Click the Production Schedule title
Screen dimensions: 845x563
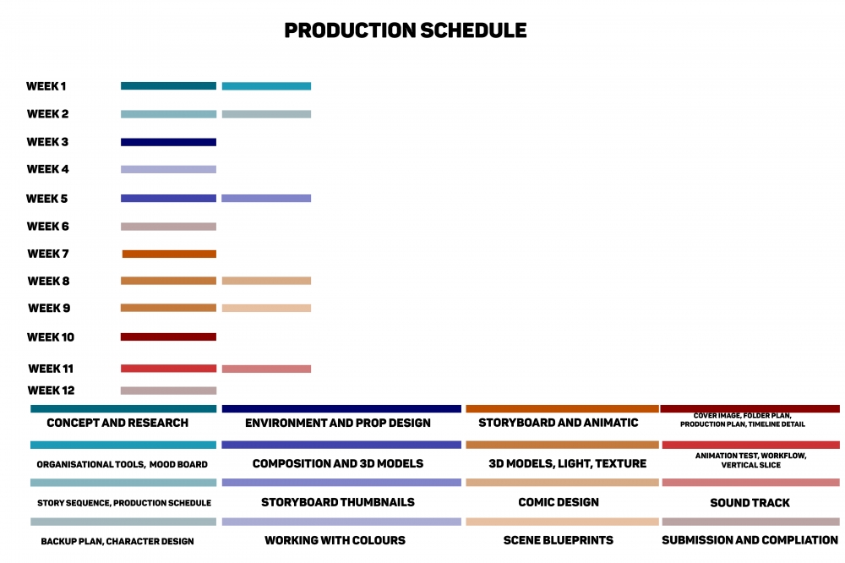pyautogui.click(x=406, y=30)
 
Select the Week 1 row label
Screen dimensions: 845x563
pyautogui.click(x=46, y=86)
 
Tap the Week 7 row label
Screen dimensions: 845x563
pyautogui.click(x=48, y=254)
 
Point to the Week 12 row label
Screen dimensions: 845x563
pyautogui.click(x=52, y=391)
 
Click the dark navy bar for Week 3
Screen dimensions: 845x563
pyautogui.click(x=169, y=142)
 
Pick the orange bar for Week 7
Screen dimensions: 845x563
pyautogui.click(x=169, y=254)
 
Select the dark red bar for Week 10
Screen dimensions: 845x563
pyautogui.click(x=169, y=337)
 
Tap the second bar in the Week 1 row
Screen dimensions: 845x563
pyautogui.click(x=266, y=86)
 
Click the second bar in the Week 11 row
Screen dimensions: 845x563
pyautogui.click(x=266, y=369)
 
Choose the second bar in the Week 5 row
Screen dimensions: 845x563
pyautogui.click(x=266, y=199)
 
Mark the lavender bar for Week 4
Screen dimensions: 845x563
pyautogui.click(x=169, y=169)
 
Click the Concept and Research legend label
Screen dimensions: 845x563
pyautogui.click(x=117, y=423)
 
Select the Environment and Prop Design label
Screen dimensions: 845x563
pyautogui.click(x=338, y=423)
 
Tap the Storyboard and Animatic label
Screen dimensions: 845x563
pyautogui.click(x=559, y=423)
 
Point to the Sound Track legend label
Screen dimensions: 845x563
pyautogui.click(x=750, y=503)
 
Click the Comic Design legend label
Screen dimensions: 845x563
pyautogui.click(x=559, y=503)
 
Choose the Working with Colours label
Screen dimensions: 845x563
pyautogui.click(x=335, y=540)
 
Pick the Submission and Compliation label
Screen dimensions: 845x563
pyautogui.click(x=750, y=540)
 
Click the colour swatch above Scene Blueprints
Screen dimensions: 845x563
pyautogui.click(x=562, y=522)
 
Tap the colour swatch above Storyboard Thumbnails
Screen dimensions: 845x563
pyautogui.click(x=341, y=483)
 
